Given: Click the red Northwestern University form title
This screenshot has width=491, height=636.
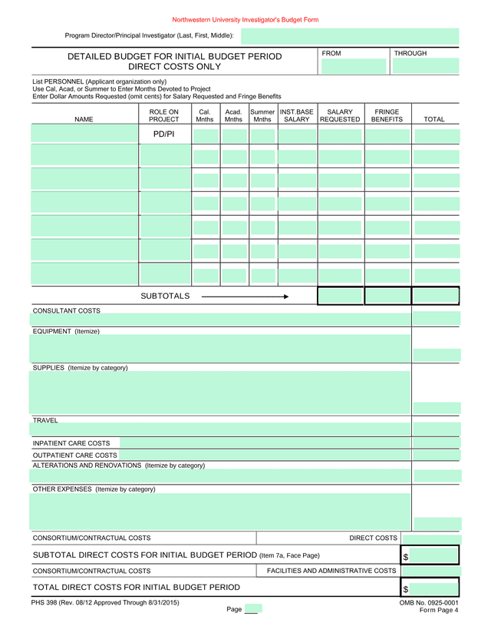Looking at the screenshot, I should coord(245,19).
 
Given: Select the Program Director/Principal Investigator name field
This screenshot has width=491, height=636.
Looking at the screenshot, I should coord(350,36).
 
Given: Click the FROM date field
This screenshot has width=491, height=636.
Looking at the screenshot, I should coord(355,66).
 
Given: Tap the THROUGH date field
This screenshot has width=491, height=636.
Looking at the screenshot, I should coord(425,66).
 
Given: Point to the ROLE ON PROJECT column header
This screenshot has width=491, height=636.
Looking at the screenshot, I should coord(163,116).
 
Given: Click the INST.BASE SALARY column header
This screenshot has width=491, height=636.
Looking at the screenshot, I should coord(297,116).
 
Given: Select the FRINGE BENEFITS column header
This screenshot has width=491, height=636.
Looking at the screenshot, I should coord(387,116).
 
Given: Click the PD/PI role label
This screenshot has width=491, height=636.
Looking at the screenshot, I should coord(164,135).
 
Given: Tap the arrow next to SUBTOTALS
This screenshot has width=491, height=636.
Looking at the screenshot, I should coord(245,296).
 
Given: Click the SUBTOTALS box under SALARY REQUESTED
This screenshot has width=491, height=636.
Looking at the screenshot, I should coord(340,296).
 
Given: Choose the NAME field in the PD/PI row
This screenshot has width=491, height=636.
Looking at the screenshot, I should coord(84,135).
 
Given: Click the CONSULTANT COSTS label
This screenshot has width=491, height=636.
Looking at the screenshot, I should coord(66,310).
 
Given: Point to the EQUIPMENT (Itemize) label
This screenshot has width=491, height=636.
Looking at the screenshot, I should coord(66,331).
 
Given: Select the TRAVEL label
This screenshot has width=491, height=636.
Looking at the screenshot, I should coord(45,420).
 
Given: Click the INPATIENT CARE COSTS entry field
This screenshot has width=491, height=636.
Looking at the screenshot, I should coord(265,443).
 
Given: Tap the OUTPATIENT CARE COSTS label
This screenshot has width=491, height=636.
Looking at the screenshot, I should coord(74,455).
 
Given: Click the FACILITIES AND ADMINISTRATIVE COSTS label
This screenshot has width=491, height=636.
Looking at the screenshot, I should coord(331,571).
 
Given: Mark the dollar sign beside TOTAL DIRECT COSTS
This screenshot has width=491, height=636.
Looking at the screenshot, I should coord(405,588).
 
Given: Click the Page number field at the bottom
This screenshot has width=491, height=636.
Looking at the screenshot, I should coord(252,609).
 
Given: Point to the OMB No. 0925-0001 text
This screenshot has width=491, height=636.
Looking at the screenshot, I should coord(429,603).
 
